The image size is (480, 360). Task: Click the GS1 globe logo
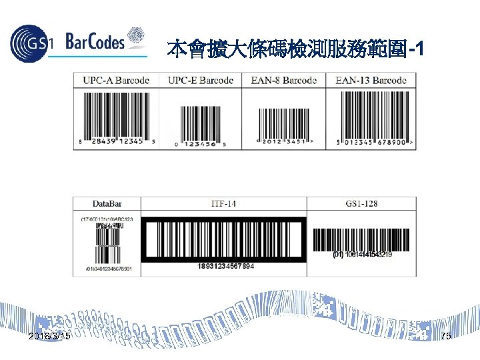click(x=31, y=43)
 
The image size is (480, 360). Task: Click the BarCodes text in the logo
click(x=95, y=43)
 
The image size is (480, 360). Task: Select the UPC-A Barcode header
click(x=116, y=80)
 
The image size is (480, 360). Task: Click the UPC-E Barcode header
click(x=201, y=80)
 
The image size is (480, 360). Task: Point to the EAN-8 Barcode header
click(x=283, y=80)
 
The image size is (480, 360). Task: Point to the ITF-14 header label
click(x=223, y=203)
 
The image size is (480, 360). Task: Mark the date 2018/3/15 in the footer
click(x=50, y=337)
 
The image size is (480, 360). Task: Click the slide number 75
click(x=445, y=337)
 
